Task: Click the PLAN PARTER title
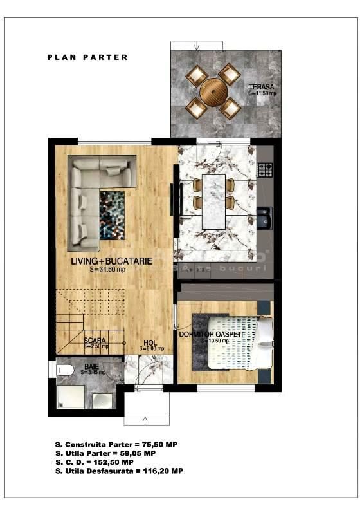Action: (x=87, y=57)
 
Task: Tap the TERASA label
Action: (x=262, y=87)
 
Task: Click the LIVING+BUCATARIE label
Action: (x=112, y=261)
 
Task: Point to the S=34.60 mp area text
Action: (x=109, y=270)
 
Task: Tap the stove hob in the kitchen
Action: (x=265, y=170)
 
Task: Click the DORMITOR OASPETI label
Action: (x=216, y=333)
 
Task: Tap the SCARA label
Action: (x=95, y=340)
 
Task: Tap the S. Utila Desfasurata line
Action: (x=120, y=471)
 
